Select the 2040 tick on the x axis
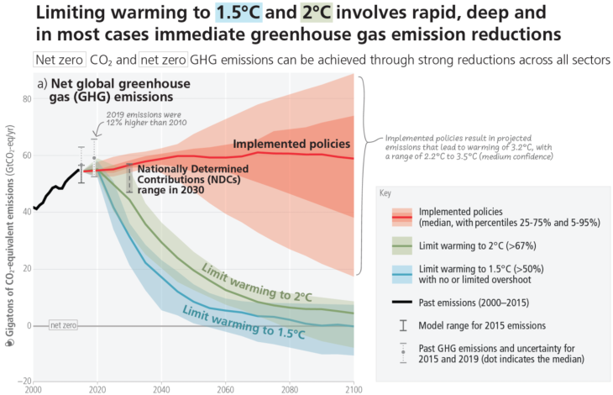[x=160, y=390]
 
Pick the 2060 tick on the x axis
[x=224, y=390]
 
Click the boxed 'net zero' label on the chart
[x=64, y=325]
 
